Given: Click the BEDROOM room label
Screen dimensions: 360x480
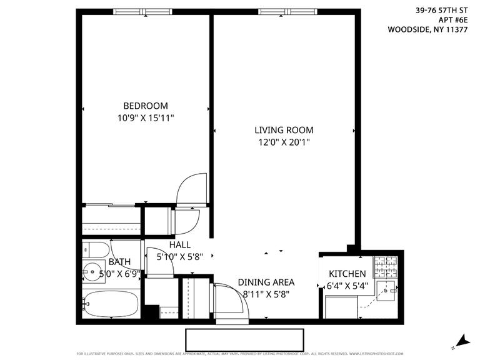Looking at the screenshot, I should pyautogui.click(x=145, y=106).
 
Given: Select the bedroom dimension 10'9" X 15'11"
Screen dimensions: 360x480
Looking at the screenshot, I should pyautogui.click(x=145, y=117).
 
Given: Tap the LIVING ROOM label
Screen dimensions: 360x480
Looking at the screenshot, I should pyautogui.click(x=284, y=130).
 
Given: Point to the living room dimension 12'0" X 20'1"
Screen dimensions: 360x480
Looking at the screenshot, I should pyautogui.click(x=284, y=142).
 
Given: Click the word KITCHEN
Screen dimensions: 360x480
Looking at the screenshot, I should pyautogui.click(x=347, y=274).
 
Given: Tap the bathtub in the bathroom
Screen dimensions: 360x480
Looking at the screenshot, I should pyautogui.click(x=111, y=304).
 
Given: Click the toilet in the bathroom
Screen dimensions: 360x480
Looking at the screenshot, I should pyautogui.click(x=94, y=250).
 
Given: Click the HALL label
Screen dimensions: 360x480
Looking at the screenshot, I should pyautogui.click(x=180, y=245).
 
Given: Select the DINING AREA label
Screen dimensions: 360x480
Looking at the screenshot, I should pyautogui.click(x=266, y=282).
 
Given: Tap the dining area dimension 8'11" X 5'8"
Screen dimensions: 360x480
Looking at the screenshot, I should pyautogui.click(x=266, y=294).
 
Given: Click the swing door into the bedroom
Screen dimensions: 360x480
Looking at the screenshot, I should pyautogui.click(x=189, y=187).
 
